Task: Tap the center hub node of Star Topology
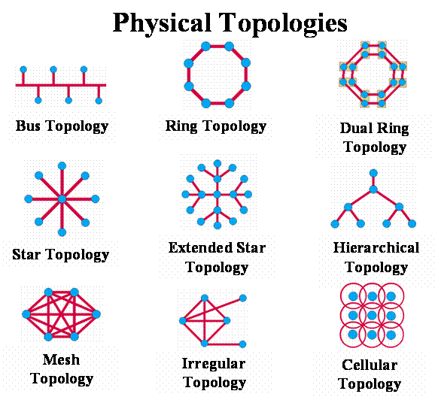(x=62, y=198)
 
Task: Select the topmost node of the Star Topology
(x=62, y=166)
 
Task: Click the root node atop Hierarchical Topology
(x=373, y=173)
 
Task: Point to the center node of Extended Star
(x=217, y=194)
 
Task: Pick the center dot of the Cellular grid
(x=372, y=315)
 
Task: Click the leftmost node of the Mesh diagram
(x=26, y=314)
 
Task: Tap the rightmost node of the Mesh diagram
(x=96, y=314)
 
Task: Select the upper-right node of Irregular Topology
(x=243, y=298)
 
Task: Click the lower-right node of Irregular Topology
(x=242, y=344)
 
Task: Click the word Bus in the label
(x=28, y=126)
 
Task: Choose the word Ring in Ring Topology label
(x=181, y=126)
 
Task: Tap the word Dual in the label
(x=356, y=129)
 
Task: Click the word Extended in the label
(x=200, y=247)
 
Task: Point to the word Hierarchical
(x=376, y=247)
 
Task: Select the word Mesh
(x=61, y=360)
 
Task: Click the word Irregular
(x=214, y=364)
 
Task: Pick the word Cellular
(x=370, y=365)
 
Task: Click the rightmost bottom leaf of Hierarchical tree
(x=412, y=223)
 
